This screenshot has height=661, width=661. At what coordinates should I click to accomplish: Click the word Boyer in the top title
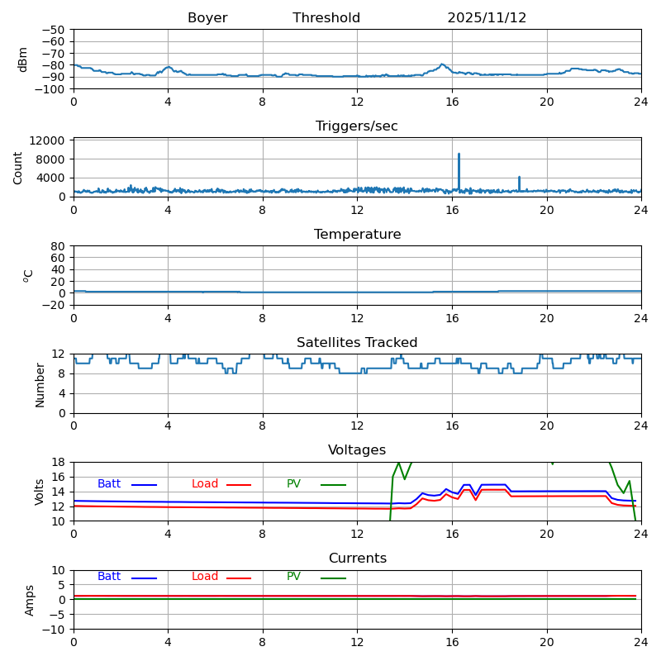pos(207,18)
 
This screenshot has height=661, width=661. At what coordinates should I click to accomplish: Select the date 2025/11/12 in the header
pos(487,18)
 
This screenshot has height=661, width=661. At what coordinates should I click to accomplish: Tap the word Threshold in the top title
pos(326,18)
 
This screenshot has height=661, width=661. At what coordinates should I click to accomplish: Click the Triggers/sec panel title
pos(357,126)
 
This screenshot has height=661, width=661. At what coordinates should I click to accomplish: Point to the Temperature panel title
pos(357,235)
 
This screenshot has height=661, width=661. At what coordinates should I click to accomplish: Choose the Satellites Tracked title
pos(357,343)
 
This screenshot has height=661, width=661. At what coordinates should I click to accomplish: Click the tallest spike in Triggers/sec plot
pos(459,155)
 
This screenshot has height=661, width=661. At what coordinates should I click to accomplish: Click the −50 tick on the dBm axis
pos(55,30)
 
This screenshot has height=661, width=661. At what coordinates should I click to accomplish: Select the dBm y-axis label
pos(23,59)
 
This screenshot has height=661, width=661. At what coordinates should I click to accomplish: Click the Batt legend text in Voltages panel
pos(109,484)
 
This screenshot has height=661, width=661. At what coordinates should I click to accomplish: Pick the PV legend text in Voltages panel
pos(294,484)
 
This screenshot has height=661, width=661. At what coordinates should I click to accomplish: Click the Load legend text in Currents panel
pos(205,577)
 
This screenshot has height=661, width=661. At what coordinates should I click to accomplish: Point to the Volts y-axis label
pos(40,492)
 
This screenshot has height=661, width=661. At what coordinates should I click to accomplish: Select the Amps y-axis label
pos(30,600)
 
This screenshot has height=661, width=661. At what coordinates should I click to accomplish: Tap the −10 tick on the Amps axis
pos(55,630)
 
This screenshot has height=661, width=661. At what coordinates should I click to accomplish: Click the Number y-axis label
pos(40,384)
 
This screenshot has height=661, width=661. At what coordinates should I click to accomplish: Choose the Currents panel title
pos(357,559)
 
